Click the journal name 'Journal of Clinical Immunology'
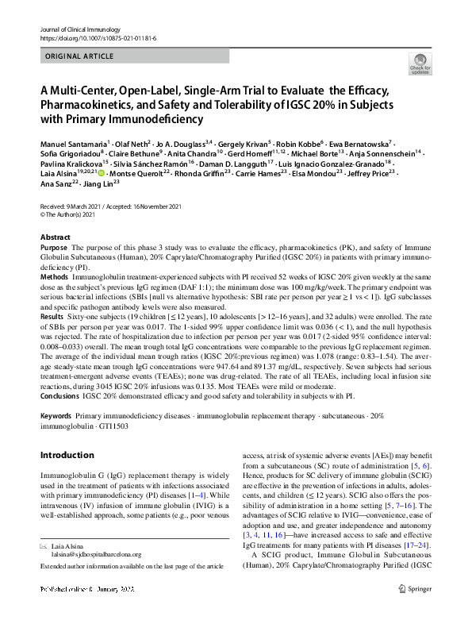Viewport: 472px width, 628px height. click(x=77, y=29)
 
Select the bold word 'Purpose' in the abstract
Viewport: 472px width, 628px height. click(x=54, y=249)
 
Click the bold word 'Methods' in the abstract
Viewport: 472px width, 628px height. click(x=55, y=275)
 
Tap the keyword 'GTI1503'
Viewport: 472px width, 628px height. click(x=111, y=426)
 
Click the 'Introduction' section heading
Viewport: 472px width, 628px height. click(x=67, y=455)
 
